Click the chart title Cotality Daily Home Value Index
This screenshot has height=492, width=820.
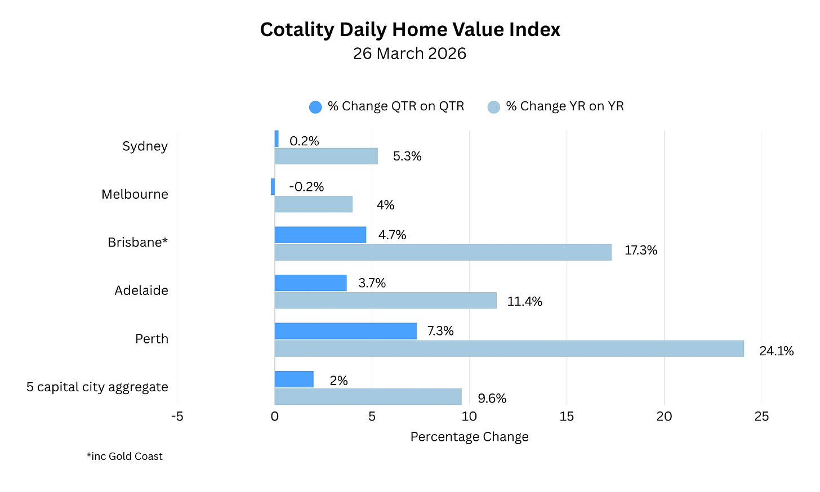(410, 29)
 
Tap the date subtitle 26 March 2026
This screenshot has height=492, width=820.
(409, 53)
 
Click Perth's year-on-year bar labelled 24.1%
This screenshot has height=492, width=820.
(509, 348)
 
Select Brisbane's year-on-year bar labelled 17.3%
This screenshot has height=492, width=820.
(443, 252)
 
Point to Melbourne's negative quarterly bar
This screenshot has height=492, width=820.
(273, 187)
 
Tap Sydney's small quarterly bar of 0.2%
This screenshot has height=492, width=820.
(277, 138)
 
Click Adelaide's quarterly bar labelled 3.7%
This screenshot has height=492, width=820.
(310, 283)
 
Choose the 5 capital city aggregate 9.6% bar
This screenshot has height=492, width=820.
(368, 396)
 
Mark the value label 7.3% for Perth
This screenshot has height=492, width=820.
(440, 331)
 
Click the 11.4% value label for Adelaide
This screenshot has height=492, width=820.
(524, 302)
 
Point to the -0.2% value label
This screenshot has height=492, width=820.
(306, 187)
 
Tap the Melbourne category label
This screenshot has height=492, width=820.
(135, 194)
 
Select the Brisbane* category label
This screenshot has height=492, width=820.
(137, 242)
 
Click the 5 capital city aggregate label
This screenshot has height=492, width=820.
(97, 387)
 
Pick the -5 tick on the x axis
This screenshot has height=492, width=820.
(177, 417)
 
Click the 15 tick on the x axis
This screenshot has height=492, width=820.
(567, 417)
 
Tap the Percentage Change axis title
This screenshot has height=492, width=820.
(469, 437)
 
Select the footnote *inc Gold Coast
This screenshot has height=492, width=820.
(124, 457)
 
